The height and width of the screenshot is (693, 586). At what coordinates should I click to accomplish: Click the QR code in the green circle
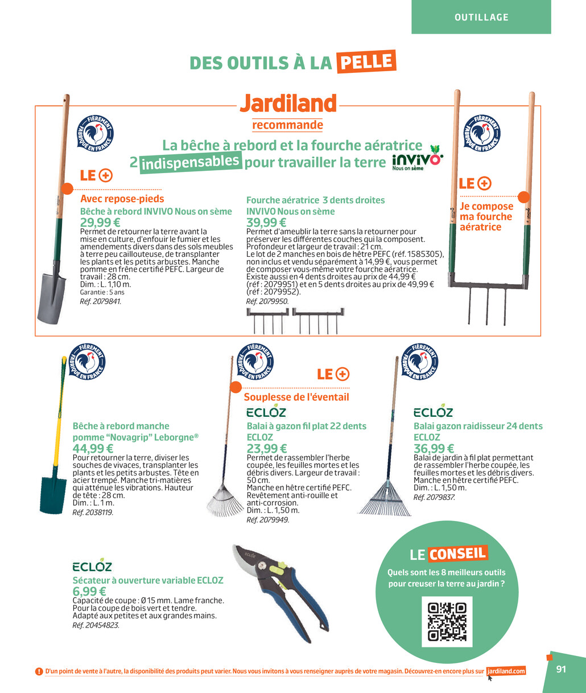pyautogui.click(x=447, y=621)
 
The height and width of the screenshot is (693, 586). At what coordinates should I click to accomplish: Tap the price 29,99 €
pyautogui.click(x=100, y=222)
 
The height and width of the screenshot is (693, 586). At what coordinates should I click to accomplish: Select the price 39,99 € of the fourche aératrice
pyautogui.click(x=266, y=222)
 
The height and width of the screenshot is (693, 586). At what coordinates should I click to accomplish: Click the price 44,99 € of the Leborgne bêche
pyautogui.click(x=93, y=449)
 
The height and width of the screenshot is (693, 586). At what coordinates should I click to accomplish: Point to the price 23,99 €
pyautogui.click(x=267, y=449)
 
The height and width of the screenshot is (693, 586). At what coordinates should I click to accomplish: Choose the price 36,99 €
pyautogui.click(x=434, y=449)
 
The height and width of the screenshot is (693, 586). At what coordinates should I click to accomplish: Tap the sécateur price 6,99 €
pyautogui.click(x=89, y=592)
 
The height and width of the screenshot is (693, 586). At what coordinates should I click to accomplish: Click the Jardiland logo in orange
pyautogui.click(x=287, y=103)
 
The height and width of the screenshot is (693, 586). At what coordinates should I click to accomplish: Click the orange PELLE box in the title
pyautogui.click(x=366, y=61)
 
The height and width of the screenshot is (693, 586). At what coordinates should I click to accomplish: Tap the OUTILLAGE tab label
pyautogui.click(x=481, y=18)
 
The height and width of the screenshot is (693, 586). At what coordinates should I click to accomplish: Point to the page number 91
pyautogui.click(x=561, y=669)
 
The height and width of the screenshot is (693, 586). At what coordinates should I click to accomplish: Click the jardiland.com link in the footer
pyautogui.click(x=506, y=671)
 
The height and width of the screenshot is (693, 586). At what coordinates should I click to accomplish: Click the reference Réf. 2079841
pyautogui.click(x=101, y=301)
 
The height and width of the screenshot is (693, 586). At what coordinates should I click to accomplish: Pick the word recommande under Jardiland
pyautogui.click(x=287, y=124)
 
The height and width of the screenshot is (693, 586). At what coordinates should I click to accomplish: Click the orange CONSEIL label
pyautogui.click(x=457, y=553)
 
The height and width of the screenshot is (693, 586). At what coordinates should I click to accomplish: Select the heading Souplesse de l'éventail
pyautogui.click(x=296, y=397)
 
